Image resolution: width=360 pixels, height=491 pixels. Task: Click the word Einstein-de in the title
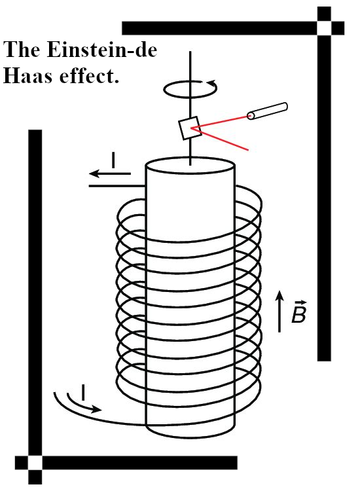[x=101, y=50]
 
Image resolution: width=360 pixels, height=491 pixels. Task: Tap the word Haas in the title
[x=27, y=76]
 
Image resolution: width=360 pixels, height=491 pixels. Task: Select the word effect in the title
[x=86, y=76]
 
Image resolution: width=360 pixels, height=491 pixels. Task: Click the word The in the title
[x=22, y=50]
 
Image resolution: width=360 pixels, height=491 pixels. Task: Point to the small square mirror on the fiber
[x=190, y=128]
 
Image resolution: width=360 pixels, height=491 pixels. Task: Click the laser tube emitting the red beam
[x=267, y=111]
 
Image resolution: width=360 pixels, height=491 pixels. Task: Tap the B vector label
[x=298, y=312]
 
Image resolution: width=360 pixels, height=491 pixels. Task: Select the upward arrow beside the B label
[x=279, y=311]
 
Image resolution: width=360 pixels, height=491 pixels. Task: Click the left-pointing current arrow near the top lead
[x=110, y=173]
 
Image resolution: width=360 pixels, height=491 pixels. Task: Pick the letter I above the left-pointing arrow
[x=113, y=160]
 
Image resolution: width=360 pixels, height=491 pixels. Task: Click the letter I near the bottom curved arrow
[x=83, y=392]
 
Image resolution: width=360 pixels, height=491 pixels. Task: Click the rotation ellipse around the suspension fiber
[x=190, y=89]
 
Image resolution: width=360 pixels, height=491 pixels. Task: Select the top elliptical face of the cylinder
[x=190, y=166]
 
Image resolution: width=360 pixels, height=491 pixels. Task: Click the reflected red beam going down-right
[x=221, y=139]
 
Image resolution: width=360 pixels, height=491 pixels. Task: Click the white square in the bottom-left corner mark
[x=35, y=463]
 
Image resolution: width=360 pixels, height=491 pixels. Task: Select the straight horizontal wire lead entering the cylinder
[x=117, y=186]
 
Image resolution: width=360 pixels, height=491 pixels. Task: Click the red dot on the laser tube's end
[x=250, y=117]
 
